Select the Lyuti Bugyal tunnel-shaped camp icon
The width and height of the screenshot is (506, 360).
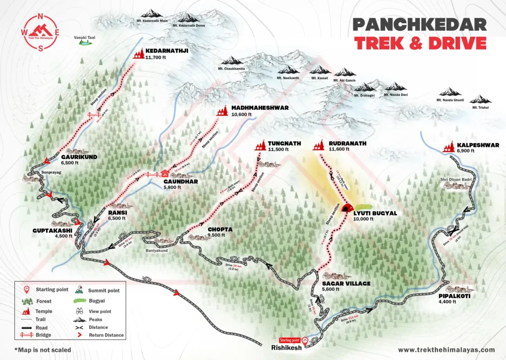point(346,208)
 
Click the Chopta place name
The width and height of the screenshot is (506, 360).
point(220,229)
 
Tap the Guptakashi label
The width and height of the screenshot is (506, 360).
point(52,230)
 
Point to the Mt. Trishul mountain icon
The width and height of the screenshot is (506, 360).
point(480,99)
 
